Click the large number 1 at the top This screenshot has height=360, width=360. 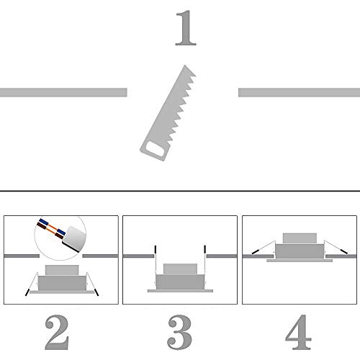[186, 28]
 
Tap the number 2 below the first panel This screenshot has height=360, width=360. [57, 332]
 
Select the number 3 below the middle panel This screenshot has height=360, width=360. [179, 332]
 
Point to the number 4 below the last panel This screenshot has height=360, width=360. [298, 332]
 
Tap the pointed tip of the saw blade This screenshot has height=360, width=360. [184, 66]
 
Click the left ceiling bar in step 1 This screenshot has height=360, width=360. [63, 92]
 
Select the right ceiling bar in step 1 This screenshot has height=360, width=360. [299, 92]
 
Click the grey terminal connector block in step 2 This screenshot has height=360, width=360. [74, 238]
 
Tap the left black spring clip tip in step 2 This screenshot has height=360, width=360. [27, 292]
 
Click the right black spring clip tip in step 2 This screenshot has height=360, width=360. [96, 292]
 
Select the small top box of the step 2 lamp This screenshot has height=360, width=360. [62, 270]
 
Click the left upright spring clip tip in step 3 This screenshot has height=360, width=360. [156, 249]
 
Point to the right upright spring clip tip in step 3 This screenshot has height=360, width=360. [204, 249]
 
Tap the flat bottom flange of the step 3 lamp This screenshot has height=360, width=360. [180, 291]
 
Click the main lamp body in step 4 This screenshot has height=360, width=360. [300, 251]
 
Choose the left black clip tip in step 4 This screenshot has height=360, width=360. [255, 252]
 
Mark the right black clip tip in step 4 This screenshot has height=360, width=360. [344, 251]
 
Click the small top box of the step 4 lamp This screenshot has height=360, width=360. [300, 238]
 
